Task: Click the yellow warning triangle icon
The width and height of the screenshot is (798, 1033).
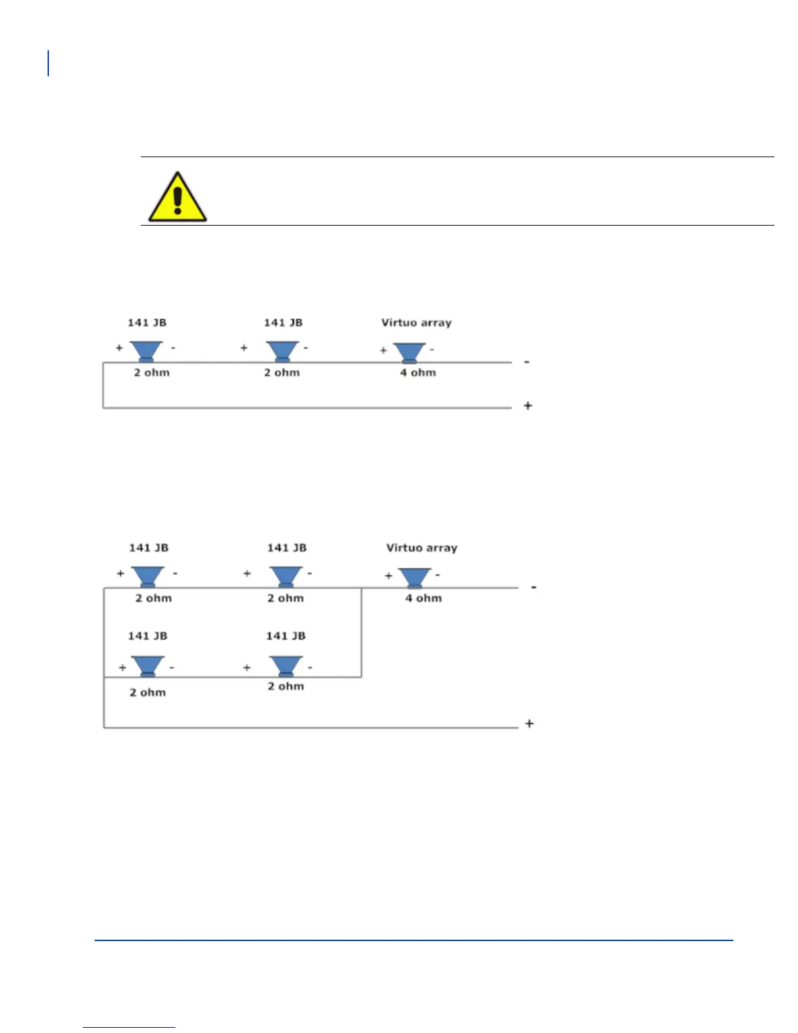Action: [x=177, y=198]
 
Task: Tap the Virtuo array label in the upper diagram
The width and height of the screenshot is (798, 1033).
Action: [x=416, y=323]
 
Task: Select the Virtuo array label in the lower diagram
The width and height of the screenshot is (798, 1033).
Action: [x=421, y=548]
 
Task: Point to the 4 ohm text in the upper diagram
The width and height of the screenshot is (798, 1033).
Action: [x=418, y=373]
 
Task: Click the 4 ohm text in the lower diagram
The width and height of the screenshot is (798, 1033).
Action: [x=424, y=598]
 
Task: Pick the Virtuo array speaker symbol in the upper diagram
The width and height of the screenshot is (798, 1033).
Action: [x=409, y=353]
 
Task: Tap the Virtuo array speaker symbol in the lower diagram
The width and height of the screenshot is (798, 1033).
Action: [x=414, y=578]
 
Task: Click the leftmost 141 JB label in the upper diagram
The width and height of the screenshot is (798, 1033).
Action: [x=147, y=323]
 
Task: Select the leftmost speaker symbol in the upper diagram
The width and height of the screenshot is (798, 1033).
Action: [x=146, y=351]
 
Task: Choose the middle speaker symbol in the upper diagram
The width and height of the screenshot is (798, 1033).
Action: [x=282, y=351]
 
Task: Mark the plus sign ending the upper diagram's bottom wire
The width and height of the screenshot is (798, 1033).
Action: [x=528, y=406]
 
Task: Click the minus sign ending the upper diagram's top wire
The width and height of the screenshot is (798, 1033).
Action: [x=527, y=362]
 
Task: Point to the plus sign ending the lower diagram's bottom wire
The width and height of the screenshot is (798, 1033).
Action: [x=529, y=723]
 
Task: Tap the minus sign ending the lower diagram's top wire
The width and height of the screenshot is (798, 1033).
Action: [x=534, y=588]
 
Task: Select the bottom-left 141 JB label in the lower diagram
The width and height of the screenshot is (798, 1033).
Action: [x=147, y=636]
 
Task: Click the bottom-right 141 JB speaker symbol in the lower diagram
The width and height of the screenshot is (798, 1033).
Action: [x=286, y=666]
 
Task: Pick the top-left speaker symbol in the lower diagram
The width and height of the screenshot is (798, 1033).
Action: [x=148, y=576]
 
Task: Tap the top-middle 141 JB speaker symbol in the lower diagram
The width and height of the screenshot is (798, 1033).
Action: [x=286, y=576]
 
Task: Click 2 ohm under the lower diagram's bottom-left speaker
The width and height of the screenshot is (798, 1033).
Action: [x=147, y=693]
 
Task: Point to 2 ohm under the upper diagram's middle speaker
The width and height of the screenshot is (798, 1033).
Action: [x=282, y=373]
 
